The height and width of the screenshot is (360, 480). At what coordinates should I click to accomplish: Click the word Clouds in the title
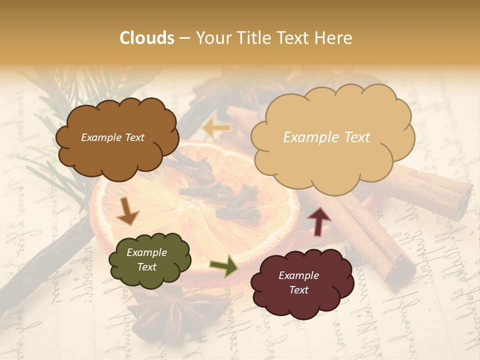tap(147, 38)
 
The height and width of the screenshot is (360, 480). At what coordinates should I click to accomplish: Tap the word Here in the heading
tap(333, 38)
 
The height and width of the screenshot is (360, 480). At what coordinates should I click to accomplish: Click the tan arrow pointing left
tap(216, 128)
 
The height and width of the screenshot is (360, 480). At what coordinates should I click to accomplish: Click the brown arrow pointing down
tap(127, 211)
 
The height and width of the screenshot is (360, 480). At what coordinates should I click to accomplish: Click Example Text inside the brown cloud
tap(112, 137)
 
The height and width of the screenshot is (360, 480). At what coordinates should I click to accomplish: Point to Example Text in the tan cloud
tap(326, 137)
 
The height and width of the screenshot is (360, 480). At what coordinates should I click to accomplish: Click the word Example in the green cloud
tap(146, 252)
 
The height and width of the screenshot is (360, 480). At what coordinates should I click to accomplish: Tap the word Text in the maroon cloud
tap(298, 290)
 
